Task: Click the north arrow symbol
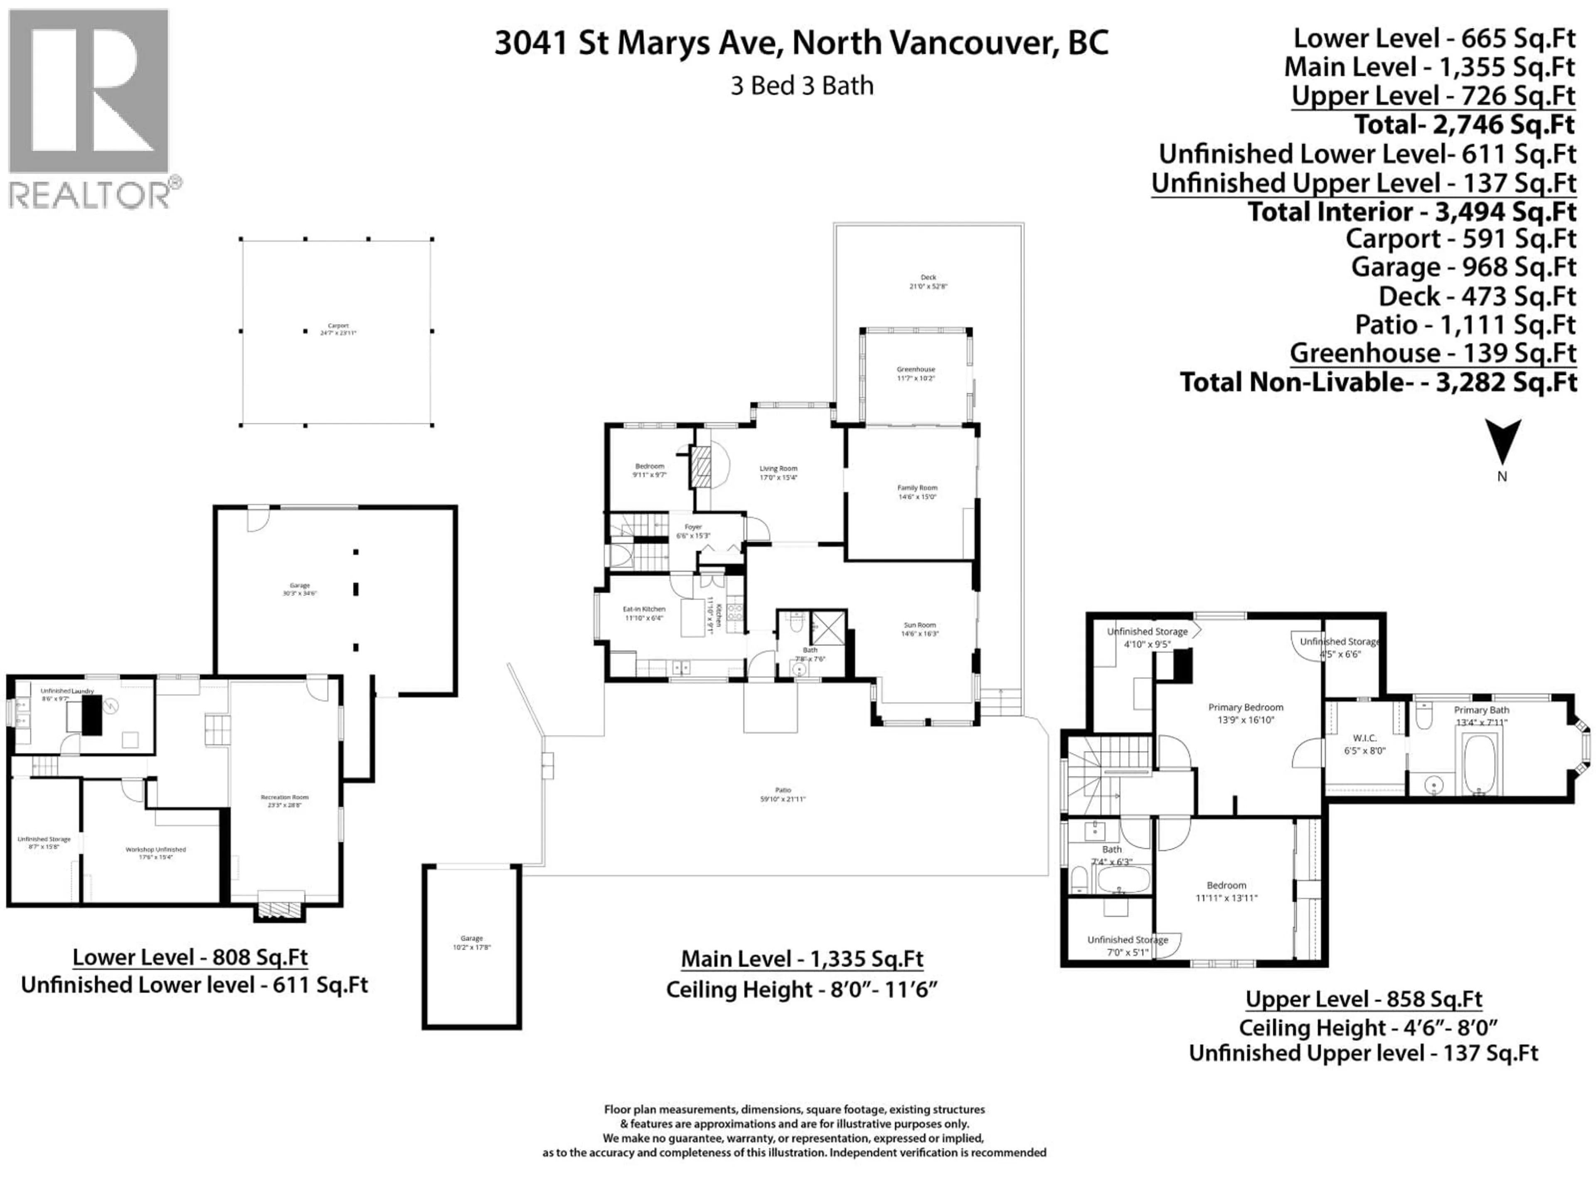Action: pos(1502,441)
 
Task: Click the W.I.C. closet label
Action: pos(1365,744)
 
